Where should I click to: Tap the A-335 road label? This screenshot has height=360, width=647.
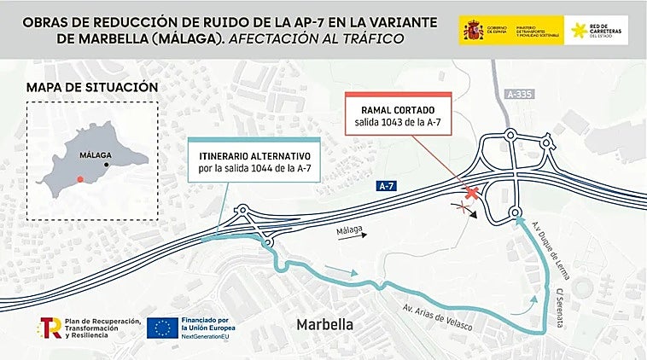(x=519, y=94)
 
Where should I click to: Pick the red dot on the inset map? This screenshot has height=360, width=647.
(x=79, y=178)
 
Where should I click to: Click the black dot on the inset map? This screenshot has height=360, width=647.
(x=107, y=165)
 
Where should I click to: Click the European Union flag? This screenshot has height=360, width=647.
(x=162, y=328)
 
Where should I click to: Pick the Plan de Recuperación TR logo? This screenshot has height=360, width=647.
(x=50, y=328)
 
